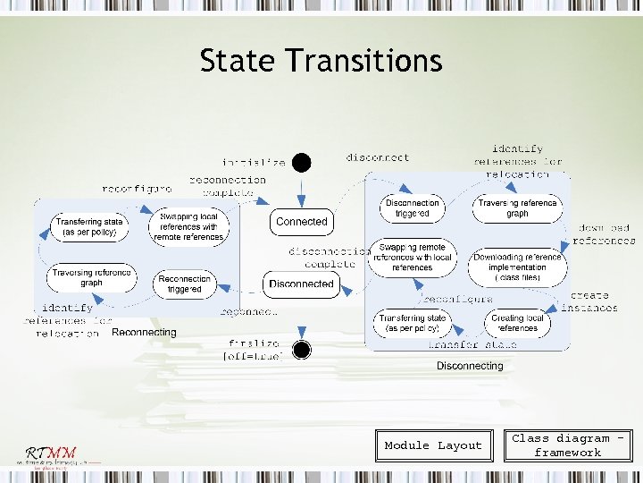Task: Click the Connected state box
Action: click(301, 221)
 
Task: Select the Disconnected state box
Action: click(301, 284)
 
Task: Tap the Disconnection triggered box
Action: click(412, 208)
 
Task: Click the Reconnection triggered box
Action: click(184, 284)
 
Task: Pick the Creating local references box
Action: click(517, 323)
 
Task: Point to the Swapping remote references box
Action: click(412, 256)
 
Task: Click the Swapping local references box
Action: click(189, 227)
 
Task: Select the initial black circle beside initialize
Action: click(302, 162)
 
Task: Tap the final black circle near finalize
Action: click(302, 349)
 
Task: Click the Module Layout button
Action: click(433, 445)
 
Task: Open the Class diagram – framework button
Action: click(567, 445)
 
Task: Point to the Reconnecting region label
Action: click(144, 333)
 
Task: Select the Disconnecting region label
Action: click(470, 366)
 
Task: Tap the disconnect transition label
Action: click(378, 157)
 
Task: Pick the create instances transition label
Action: click(589, 301)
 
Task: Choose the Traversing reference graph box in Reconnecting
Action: click(91, 277)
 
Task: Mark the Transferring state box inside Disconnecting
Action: click(412, 323)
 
